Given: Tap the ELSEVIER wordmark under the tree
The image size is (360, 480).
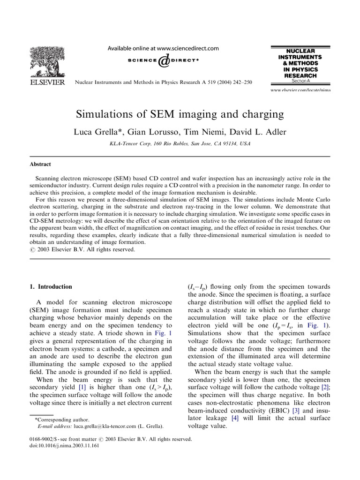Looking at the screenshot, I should pos(45,82).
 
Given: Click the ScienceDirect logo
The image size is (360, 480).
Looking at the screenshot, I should pos(163,61).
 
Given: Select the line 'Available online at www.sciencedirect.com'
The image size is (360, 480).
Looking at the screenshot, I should pos(164,48).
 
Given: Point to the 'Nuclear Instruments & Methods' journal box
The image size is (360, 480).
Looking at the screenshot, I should pos(297,63).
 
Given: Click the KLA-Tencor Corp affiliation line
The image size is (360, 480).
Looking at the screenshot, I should pos(180,144).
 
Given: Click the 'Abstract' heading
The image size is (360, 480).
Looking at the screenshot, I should pos(40,164).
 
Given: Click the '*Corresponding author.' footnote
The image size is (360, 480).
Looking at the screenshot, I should pos(62,420).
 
